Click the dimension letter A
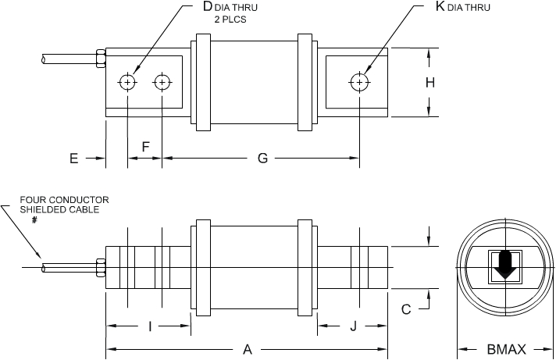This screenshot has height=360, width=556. (248, 350)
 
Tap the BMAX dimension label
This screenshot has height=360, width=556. (506, 350)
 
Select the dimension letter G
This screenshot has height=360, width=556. (262, 159)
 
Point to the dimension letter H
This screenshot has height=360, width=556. (430, 82)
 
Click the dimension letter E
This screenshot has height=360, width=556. (74, 159)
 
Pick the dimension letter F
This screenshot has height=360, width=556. (145, 147)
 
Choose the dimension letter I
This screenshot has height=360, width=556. (149, 326)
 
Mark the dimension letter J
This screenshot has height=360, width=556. (353, 326)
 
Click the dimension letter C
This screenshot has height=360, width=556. (406, 310)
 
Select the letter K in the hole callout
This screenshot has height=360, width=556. (440, 7)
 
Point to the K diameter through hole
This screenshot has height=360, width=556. (358, 82)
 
